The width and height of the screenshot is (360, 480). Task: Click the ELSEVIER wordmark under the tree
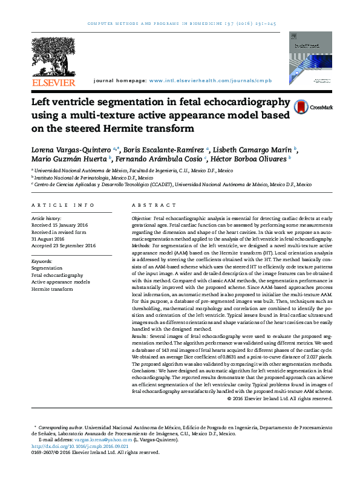click(x=54, y=82)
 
